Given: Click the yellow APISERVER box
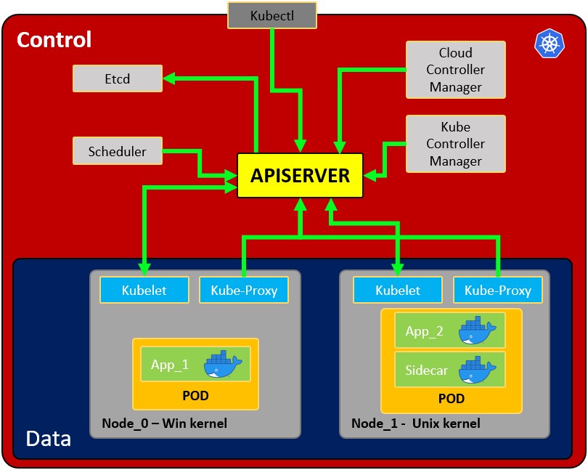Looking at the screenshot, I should (x=300, y=176).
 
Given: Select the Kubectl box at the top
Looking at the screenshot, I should (x=272, y=15).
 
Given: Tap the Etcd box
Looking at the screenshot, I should (x=117, y=78).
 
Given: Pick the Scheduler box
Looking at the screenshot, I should (x=117, y=152).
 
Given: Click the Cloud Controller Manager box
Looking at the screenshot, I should (x=455, y=70).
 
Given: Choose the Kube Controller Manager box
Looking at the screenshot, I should (x=455, y=143).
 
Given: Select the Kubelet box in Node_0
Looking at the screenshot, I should (x=144, y=290).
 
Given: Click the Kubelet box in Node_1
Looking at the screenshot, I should (x=397, y=290).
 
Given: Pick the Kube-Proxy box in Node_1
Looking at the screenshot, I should (x=497, y=291).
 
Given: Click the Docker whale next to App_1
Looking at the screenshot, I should (x=223, y=364).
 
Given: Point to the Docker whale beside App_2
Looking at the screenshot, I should (x=477, y=331).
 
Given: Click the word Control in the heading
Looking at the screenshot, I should (x=54, y=39).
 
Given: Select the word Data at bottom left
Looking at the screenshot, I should (x=48, y=439).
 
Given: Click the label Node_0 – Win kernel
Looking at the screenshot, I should (x=164, y=423).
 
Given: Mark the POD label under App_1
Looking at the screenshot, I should (x=195, y=396).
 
